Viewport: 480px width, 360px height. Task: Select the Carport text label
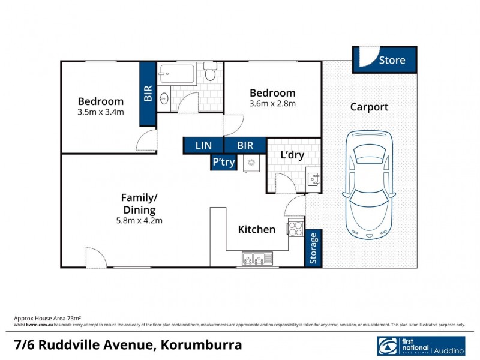(369, 107)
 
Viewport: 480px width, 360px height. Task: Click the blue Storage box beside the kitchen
(314, 248)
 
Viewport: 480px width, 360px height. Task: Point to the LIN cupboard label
(203, 145)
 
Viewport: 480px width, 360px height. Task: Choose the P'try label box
(223, 162)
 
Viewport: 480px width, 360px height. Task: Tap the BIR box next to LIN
(245, 145)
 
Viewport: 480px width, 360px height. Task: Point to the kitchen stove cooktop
(295, 228)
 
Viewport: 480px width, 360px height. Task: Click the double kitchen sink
(257, 259)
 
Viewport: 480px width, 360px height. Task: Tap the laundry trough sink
(313, 178)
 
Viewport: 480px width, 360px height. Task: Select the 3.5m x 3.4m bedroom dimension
(101, 112)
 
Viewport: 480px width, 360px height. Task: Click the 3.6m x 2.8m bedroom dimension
(272, 103)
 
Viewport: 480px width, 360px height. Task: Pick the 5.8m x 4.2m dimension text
(139, 220)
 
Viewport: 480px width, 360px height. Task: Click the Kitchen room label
(257, 229)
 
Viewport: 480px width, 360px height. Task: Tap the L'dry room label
(292, 155)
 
